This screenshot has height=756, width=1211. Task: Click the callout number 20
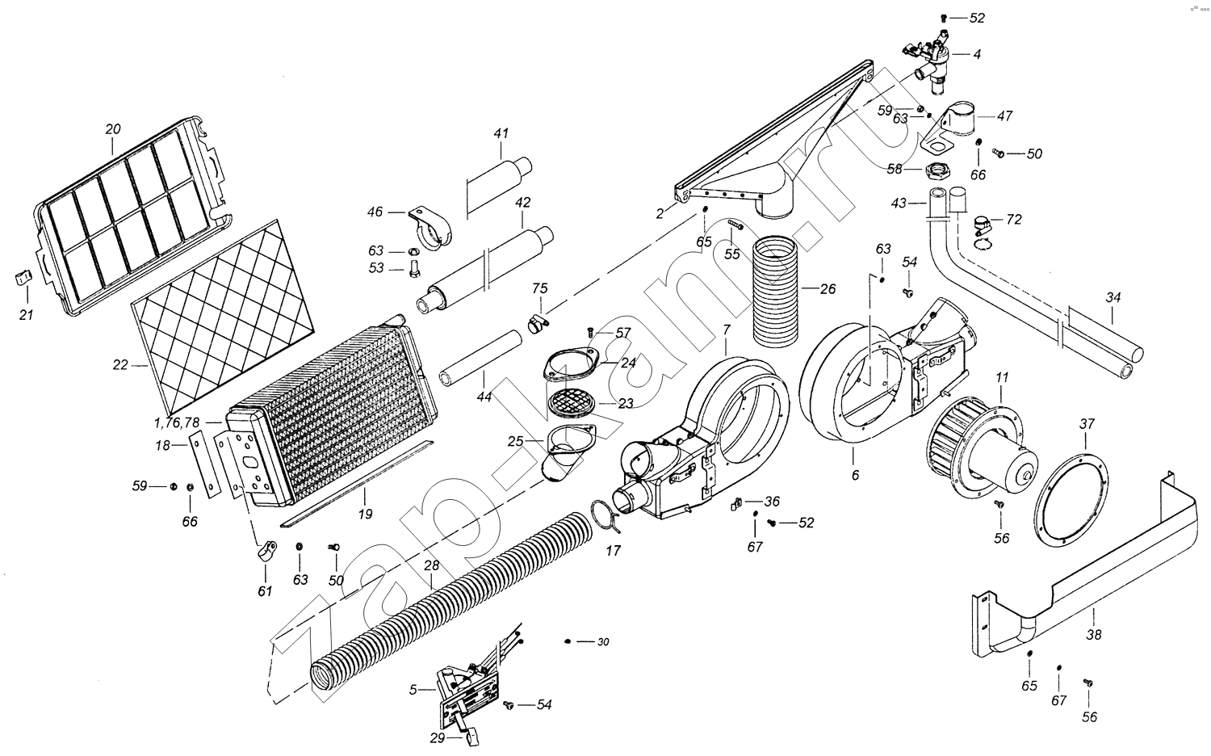pyautogui.click(x=113, y=128)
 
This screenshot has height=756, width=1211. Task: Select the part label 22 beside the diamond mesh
pyautogui.click(x=121, y=365)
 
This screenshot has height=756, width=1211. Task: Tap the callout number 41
pyautogui.click(x=501, y=132)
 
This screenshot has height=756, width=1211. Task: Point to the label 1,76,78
pyautogui.click(x=177, y=422)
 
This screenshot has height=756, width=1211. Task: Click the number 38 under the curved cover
pyautogui.click(x=1094, y=635)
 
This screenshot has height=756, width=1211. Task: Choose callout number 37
pyautogui.click(x=1087, y=424)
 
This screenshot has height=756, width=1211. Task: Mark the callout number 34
pyautogui.click(x=1113, y=298)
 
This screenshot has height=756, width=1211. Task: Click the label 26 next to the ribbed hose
pyautogui.click(x=828, y=289)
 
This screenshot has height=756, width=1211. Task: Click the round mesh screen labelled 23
pyautogui.click(x=571, y=401)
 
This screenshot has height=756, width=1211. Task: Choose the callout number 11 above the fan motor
pyautogui.click(x=1002, y=377)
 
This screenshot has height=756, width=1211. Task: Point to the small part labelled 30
pyautogui.click(x=569, y=641)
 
